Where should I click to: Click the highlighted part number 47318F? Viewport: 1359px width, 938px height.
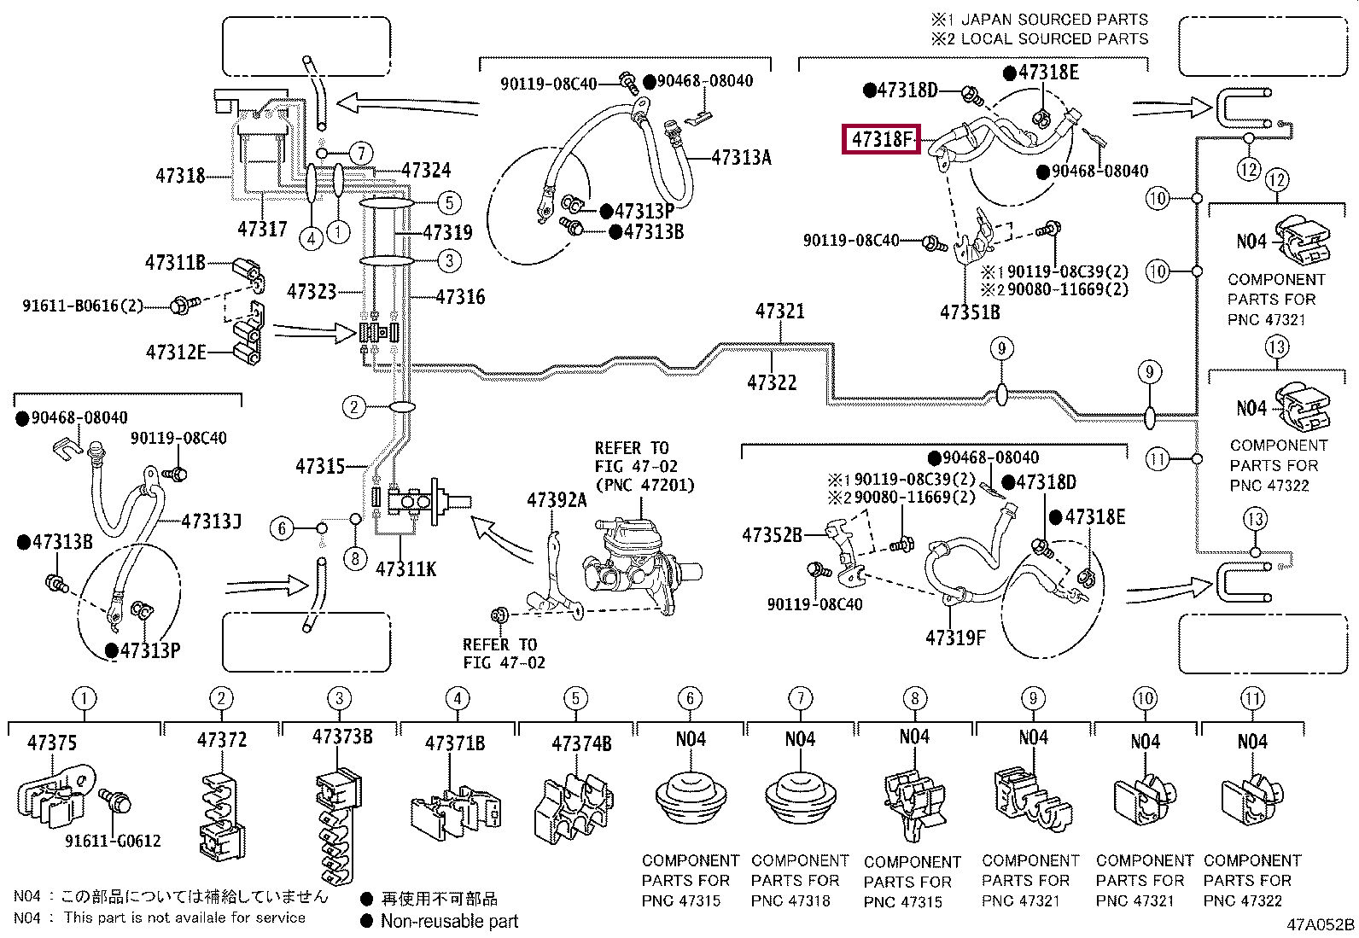click(882, 139)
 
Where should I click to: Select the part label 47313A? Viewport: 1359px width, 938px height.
click(741, 158)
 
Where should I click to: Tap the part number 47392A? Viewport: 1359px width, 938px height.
click(557, 500)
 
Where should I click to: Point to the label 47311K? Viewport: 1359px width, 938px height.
click(405, 569)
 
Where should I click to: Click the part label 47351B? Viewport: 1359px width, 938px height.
click(970, 312)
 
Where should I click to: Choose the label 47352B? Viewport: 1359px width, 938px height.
click(772, 535)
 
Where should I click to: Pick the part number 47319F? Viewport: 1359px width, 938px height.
click(955, 638)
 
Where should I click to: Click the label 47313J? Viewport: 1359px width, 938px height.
click(211, 521)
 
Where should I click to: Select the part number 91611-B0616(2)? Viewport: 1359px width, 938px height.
click(83, 306)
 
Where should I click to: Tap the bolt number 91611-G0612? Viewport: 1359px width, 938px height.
click(113, 841)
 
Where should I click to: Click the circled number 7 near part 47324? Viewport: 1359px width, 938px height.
click(362, 154)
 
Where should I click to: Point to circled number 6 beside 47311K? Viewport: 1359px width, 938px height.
click(282, 529)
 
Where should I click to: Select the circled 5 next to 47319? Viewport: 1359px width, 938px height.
click(449, 202)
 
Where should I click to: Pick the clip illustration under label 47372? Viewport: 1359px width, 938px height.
click(221, 815)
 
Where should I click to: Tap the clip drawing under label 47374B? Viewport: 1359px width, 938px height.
click(574, 807)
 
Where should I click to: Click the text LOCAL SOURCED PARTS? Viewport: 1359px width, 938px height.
click(1054, 39)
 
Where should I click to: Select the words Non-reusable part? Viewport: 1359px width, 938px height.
click(450, 921)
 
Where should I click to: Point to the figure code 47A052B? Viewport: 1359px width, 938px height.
click(1321, 924)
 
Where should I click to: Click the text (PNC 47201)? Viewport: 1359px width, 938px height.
click(645, 486)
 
